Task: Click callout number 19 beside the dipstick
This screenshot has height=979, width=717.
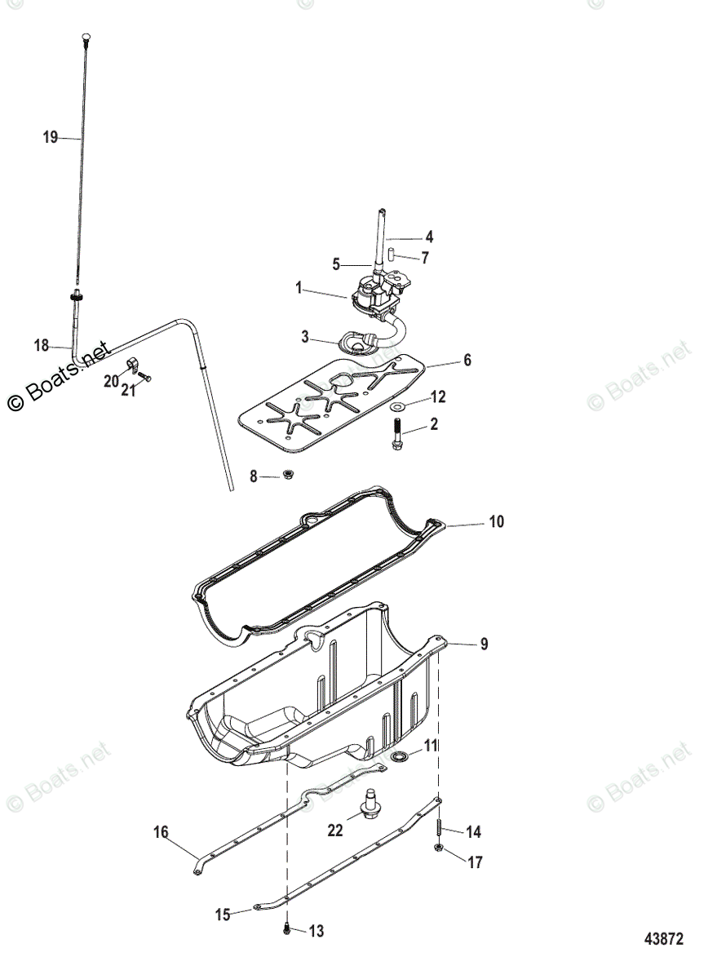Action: [x=51, y=137]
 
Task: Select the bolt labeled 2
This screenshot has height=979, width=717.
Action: [x=397, y=433]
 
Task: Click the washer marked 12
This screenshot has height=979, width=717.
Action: [x=397, y=405]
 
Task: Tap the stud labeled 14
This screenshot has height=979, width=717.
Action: [x=439, y=828]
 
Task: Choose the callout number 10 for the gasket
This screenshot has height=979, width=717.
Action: [x=497, y=521]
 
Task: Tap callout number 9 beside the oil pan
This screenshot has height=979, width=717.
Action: [x=484, y=644]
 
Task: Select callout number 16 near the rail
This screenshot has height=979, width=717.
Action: [x=161, y=832]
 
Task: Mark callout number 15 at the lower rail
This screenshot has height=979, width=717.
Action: [x=223, y=915]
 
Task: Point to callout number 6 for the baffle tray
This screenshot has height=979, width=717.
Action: [x=467, y=360]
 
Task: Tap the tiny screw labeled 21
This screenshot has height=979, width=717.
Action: [x=145, y=377]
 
